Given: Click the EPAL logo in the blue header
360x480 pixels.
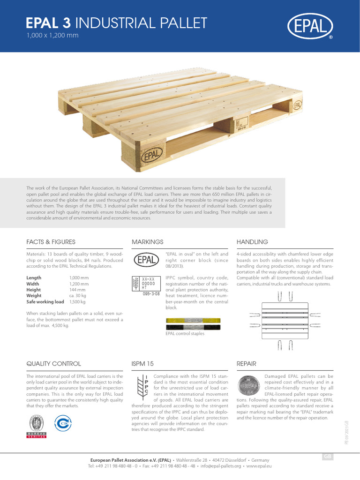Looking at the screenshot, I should [x=310, y=27].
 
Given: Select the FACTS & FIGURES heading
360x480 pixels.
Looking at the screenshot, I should [x=51, y=242].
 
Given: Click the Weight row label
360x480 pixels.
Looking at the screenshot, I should [x=34, y=296].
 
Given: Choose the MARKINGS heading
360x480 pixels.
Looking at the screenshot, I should [x=149, y=242].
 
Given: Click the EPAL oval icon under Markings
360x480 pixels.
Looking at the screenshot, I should [x=148, y=260].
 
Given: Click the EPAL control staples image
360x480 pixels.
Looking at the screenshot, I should [x=193, y=324].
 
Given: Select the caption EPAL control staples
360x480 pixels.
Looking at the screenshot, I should [x=185, y=334].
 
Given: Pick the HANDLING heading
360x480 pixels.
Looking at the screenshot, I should [x=252, y=242].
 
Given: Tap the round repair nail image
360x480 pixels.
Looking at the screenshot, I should [x=248, y=387].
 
